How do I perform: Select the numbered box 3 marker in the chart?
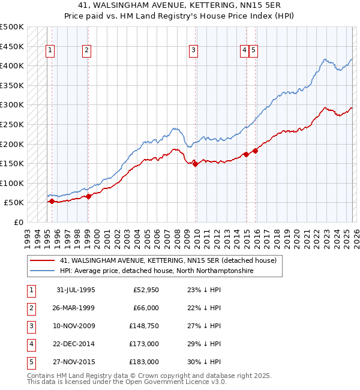(x=194, y=51)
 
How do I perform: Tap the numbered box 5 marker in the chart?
(x=254, y=51)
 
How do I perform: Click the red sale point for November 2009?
(x=196, y=164)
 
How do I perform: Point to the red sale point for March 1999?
(x=88, y=196)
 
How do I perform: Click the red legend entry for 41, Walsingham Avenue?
(x=168, y=260)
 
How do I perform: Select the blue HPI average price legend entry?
(x=156, y=271)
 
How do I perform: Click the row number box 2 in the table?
(x=30, y=308)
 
